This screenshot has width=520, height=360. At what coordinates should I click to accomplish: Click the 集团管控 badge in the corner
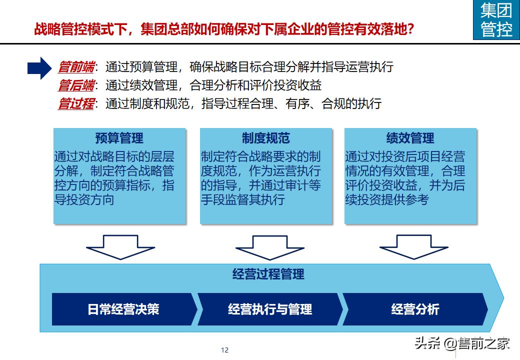point(496,20)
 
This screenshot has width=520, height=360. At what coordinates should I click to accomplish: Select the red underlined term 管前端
point(76,66)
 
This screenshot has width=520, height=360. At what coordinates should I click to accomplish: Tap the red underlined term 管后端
point(76,85)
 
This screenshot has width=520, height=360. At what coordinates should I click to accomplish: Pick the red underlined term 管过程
point(76,104)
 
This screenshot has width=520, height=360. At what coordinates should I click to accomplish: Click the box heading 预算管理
point(119,138)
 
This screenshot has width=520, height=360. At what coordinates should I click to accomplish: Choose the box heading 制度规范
point(265,138)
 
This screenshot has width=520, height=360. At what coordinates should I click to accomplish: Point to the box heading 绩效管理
point(410,138)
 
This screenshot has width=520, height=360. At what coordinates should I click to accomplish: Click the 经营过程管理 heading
point(268,274)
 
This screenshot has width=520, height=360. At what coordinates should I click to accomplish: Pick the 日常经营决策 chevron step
point(123,309)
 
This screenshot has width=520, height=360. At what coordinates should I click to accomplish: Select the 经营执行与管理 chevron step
point(270,309)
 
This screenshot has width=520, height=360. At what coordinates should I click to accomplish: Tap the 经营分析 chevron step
point(415,309)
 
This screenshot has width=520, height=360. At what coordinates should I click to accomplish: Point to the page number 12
point(224,350)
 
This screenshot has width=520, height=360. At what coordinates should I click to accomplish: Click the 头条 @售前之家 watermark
point(461,343)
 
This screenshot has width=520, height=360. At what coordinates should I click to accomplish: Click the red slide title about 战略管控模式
point(223,29)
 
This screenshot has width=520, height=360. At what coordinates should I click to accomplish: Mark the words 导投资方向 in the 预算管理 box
point(84,200)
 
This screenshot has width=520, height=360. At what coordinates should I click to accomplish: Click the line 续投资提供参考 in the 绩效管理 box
point(386,200)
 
